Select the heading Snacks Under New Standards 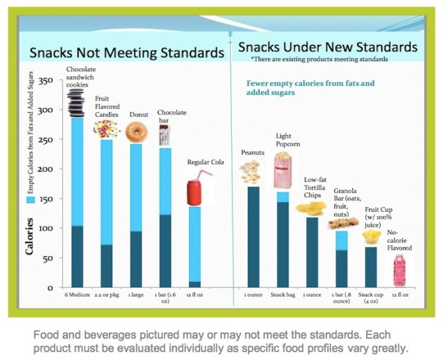[x=327, y=47]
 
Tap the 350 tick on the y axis [x=46, y=81]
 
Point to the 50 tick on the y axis [x=49, y=258]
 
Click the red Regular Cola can [x=196, y=192]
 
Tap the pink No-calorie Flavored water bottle [x=399, y=270]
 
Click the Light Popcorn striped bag [x=282, y=172]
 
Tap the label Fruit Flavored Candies [x=107, y=109]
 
